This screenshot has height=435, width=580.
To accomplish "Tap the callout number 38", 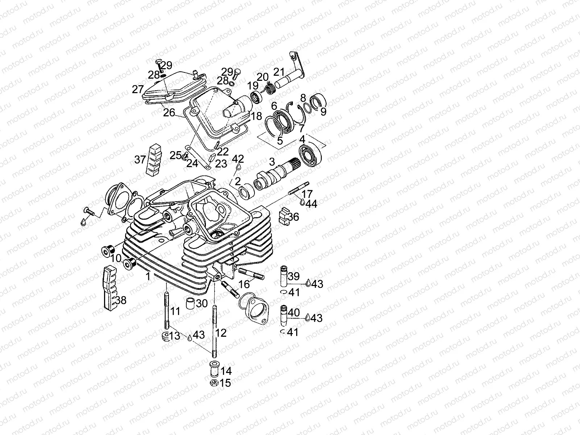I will [x=121, y=300].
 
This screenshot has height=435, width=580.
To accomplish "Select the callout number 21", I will [x=279, y=72].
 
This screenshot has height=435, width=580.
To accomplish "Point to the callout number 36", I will [x=293, y=217].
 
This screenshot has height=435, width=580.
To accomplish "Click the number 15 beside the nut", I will [x=225, y=383].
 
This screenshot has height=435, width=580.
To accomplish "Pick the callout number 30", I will [x=202, y=303].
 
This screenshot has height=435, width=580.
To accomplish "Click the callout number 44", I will [x=311, y=204].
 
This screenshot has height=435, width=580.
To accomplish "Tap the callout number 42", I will [x=238, y=159].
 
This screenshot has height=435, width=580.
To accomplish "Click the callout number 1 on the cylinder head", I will [x=148, y=277].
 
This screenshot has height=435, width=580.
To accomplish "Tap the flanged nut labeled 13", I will [x=165, y=336].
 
